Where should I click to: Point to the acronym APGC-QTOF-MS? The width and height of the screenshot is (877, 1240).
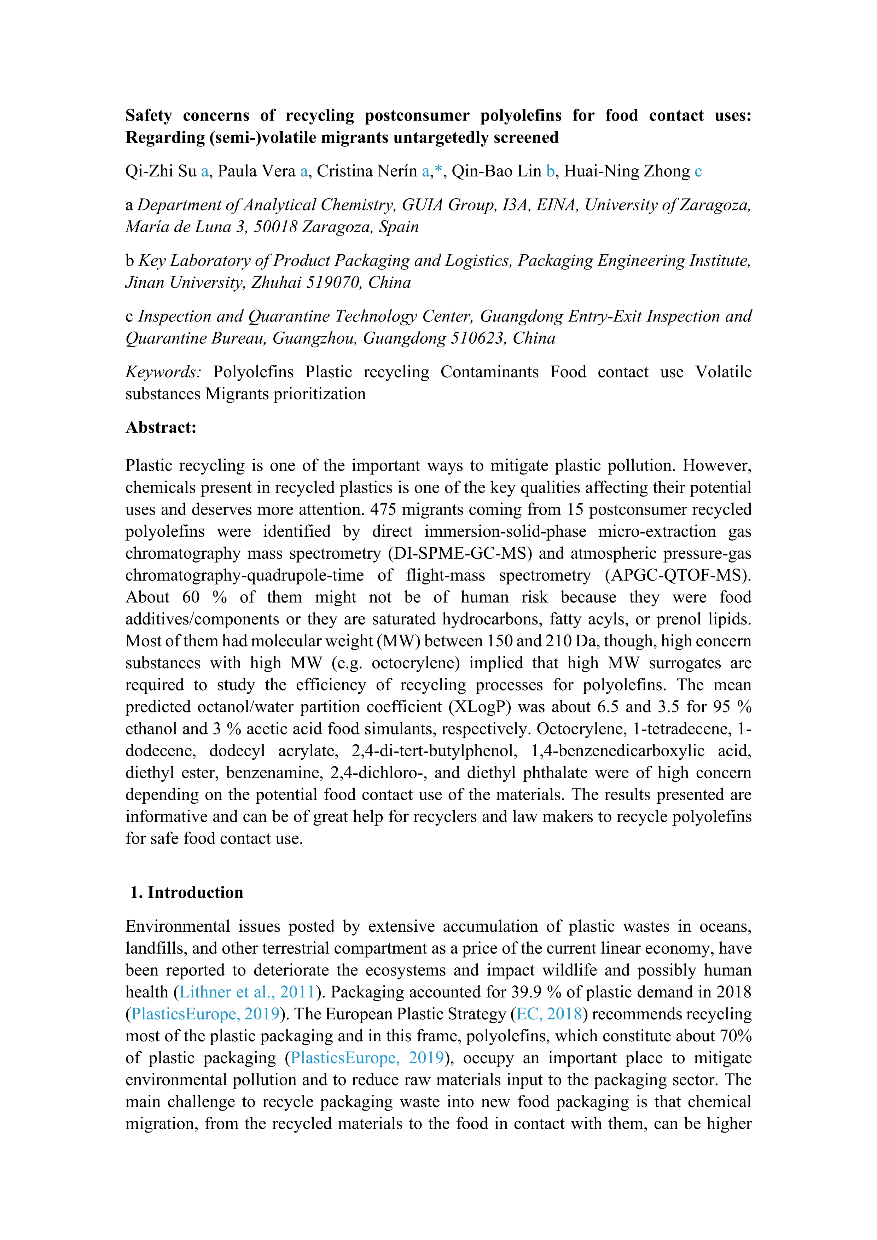click(x=678, y=576)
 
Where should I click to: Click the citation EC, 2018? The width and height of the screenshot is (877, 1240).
click(x=549, y=1014)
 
